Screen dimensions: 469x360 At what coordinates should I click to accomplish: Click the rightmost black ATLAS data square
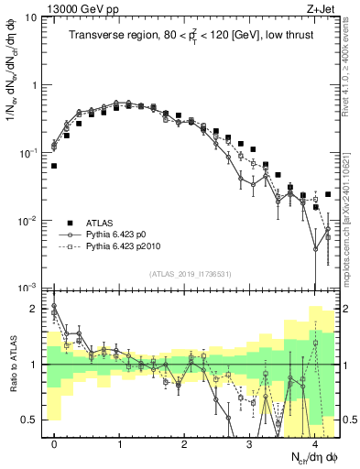point(328,194)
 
